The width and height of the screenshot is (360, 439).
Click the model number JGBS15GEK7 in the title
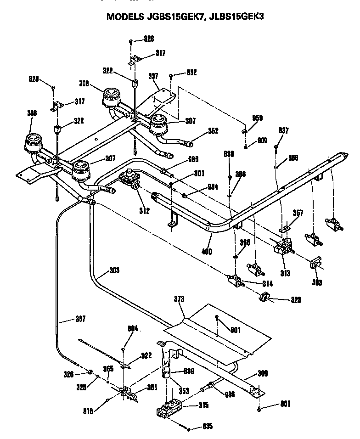[x=170, y=17]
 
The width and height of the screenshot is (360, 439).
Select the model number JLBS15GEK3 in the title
[x=234, y=17]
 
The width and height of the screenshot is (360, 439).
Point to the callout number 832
[x=191, y=72]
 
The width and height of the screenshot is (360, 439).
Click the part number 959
[x=257, y=118]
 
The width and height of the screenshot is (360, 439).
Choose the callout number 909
[x=262, y=140]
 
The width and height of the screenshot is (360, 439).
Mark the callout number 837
[x=283, y=131]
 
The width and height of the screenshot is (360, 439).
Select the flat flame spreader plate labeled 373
[x=216, y=331]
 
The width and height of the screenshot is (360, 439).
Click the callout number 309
[x=262, y=374]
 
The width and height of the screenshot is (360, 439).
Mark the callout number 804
[x=133, y=329]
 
